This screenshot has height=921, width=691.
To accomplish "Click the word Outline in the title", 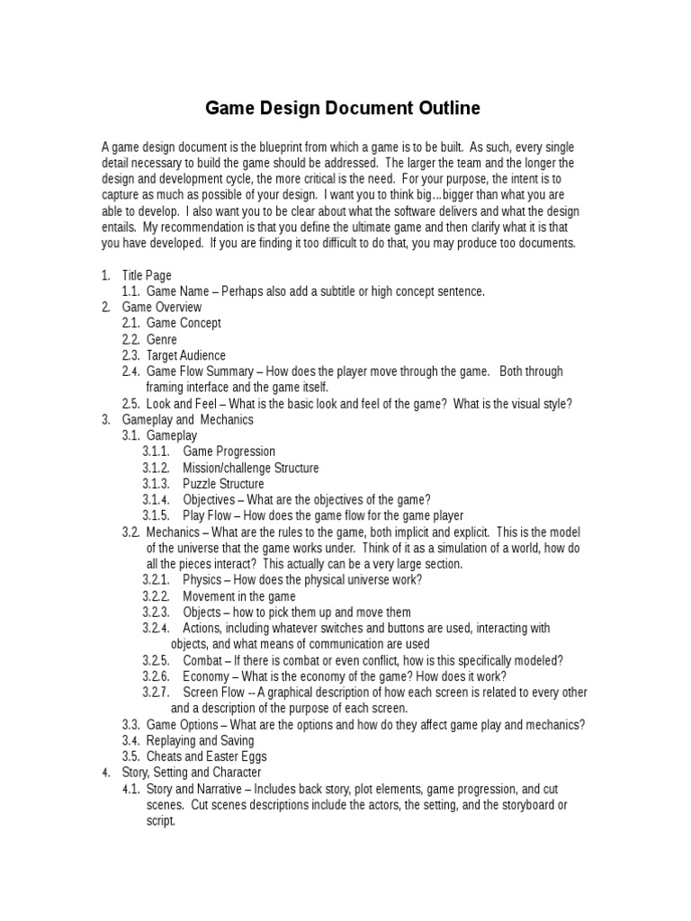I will [x=444, y=109].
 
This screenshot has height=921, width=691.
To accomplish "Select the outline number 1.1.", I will [x=131, y=291].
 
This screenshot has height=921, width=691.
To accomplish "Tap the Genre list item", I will [x=162, y=340].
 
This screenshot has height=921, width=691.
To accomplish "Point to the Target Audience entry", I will [x=186, y=356].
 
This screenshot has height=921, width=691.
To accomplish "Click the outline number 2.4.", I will [x=131, y=371].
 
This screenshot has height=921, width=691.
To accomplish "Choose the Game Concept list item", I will [x=184, y=324].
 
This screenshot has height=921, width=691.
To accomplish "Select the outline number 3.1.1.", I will [x=155, y=452].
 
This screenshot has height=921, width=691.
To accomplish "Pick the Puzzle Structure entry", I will [x=223, y=484].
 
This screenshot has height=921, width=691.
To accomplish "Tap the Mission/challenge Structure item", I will [x=250, y=468].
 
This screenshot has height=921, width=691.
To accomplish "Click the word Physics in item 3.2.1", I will [x=202, y=580].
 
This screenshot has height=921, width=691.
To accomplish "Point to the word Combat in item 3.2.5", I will [x=203, y=660].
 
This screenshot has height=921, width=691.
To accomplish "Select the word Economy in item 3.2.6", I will [x=206, y=676].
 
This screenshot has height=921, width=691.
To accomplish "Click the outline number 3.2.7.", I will [x=156, y=693].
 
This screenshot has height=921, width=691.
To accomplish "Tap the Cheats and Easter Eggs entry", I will [x=207, y=756].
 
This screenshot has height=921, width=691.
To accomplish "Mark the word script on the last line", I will [x=161, y=821].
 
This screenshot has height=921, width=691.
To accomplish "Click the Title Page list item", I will [x=147, y=275].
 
